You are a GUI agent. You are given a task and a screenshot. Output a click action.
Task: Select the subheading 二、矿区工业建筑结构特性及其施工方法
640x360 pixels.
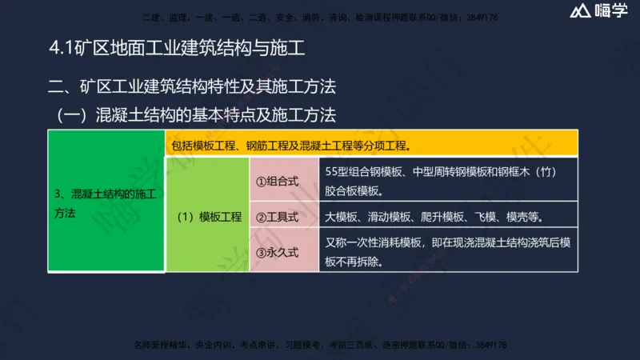[191, 86]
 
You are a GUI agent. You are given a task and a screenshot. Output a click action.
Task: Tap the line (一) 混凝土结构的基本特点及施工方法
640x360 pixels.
[196, 115]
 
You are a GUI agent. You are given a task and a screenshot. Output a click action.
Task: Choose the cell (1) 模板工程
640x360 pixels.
[209, 216]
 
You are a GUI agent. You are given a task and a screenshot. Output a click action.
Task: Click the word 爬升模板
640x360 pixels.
[439, 216]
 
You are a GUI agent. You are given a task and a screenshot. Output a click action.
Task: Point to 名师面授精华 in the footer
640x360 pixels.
[160, 345]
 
